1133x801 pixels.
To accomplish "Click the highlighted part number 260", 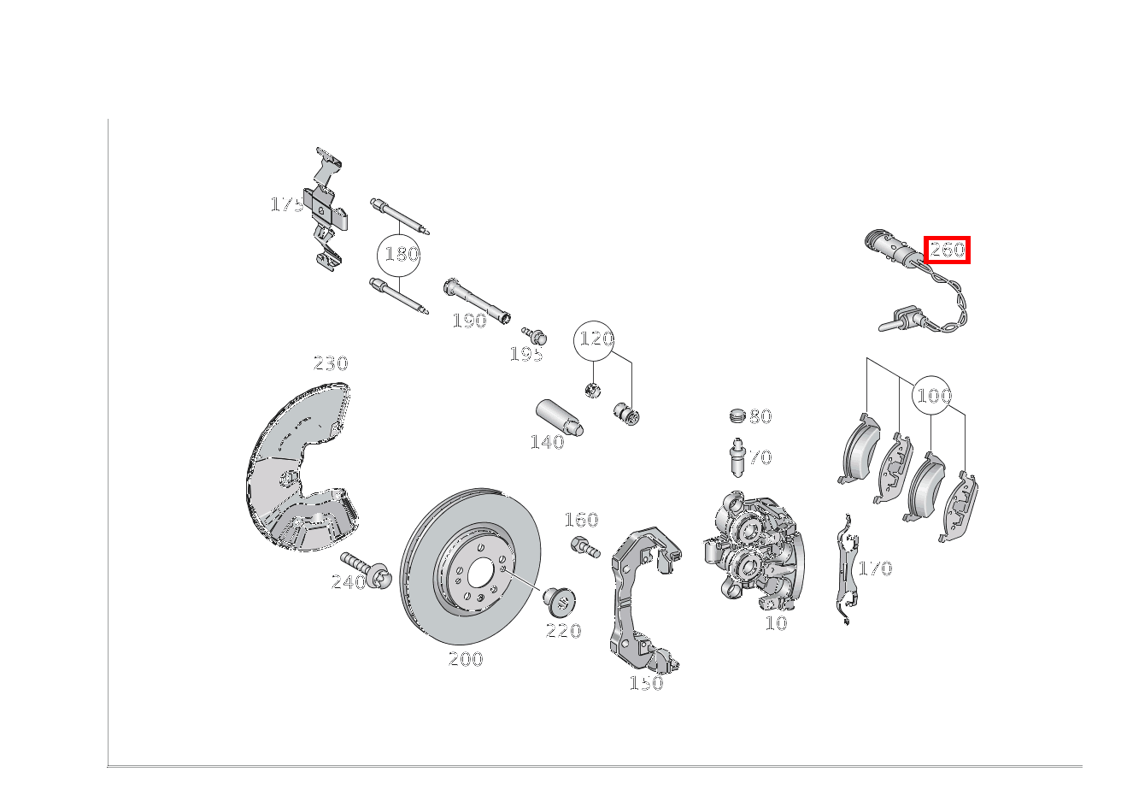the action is point(947,250).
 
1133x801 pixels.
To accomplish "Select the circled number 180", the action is point(399,255).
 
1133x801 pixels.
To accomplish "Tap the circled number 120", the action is point(594,340).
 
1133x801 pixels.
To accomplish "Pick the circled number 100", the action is point(932,396).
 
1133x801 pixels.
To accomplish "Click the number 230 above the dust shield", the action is point(331,363).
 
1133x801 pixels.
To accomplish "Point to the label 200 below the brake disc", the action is point(466,659).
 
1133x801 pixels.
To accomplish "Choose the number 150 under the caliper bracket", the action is point(646,683).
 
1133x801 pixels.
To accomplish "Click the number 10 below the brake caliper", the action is point(776,623).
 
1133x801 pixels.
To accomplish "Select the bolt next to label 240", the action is point(364,569).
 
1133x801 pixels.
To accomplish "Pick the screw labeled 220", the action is point(560,601).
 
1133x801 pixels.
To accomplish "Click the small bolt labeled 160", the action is point(585,547).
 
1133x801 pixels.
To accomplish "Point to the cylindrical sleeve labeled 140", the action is point(560,417).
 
